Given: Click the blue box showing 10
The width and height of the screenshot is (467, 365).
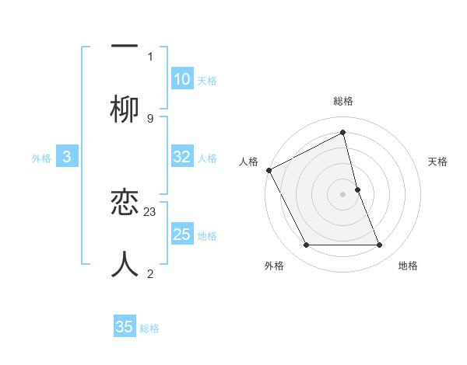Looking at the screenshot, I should pos(181,78).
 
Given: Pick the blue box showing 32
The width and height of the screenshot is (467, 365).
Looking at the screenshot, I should pos(181,157).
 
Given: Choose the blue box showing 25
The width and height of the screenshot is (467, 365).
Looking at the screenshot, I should pos(181,234).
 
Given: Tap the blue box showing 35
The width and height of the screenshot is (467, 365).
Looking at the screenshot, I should pos(125,327).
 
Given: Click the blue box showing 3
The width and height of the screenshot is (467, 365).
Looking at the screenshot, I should pos(67,157).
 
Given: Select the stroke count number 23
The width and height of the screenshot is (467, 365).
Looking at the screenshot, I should pos(150,210).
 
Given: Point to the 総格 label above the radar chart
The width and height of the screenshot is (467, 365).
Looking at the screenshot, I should pos(343,101).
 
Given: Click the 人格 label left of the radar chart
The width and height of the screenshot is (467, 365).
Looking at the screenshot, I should pos(248,162).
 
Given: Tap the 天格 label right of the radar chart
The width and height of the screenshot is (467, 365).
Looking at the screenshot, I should pos(438,162).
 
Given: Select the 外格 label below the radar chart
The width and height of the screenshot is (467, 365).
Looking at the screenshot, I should pos(274,266).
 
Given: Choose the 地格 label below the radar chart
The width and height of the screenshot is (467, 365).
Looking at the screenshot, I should pos(408,266).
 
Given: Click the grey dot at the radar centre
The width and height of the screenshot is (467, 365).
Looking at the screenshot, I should pos(343,193).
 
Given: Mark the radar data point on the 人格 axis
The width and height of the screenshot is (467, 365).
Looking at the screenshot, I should pos(269,170).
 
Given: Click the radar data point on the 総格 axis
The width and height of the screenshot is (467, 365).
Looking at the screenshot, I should pos(343,133).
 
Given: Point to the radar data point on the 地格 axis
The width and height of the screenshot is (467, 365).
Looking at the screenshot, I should pos(380,245).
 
